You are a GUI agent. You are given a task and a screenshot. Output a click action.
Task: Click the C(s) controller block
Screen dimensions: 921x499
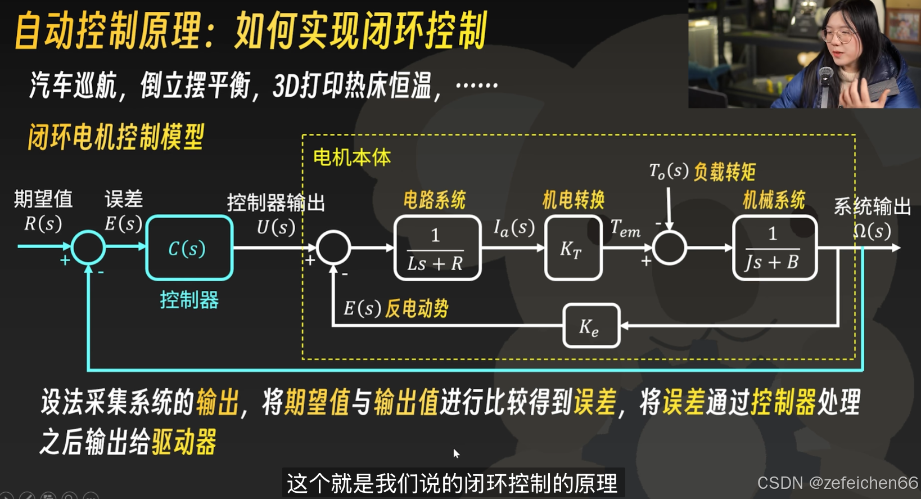(x=189, y=248)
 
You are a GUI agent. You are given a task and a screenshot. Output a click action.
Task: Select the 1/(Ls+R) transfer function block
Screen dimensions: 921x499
(x=437, y=248)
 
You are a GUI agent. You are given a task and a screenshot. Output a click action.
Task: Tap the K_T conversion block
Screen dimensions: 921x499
(x=573, y=248)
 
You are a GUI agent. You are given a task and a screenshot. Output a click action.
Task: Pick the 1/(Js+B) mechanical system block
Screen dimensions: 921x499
(x=774, y=248)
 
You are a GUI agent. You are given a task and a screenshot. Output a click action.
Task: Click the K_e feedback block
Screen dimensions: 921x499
(x=591, y=326)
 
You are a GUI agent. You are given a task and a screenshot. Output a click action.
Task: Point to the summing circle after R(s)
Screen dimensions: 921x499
(x=88, y=247)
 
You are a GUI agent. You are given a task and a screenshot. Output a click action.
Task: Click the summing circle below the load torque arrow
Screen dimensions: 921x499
(x=669, y=248)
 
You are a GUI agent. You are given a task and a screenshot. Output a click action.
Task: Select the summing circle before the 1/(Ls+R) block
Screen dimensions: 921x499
(x=333, y=248)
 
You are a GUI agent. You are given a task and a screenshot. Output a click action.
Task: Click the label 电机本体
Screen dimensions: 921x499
(x=352, y=158)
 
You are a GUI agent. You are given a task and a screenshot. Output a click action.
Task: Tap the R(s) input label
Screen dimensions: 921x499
(x=43, y=224)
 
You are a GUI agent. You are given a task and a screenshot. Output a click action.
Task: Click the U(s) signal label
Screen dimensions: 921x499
(x=276, y=227)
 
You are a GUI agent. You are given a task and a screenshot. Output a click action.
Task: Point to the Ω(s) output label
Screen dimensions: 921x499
(x=872, y=231)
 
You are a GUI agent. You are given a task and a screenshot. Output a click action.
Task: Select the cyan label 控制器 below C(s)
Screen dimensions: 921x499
(x=189, y=300)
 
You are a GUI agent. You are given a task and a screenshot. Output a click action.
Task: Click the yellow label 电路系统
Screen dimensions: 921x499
(x=435, y=200)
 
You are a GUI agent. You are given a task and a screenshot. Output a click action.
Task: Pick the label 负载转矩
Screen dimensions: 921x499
(x=725, y=172)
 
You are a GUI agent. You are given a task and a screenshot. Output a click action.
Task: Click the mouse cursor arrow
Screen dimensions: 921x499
(x=455, y=452)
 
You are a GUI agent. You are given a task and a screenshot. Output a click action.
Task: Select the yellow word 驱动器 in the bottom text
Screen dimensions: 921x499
(x=183, y=442)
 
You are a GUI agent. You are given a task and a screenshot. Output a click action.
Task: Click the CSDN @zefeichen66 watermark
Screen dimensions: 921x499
(x=837, y=483)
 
